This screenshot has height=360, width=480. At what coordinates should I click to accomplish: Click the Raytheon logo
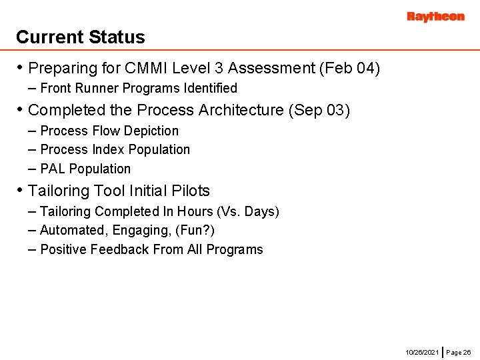click(435, 17)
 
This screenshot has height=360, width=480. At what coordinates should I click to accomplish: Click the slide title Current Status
click(80, 37)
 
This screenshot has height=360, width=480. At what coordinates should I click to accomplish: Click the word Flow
click(107, 131)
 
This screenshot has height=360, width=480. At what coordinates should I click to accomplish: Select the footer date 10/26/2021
click(422, 351)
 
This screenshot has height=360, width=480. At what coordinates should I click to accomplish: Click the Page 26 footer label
click(459, 351)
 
